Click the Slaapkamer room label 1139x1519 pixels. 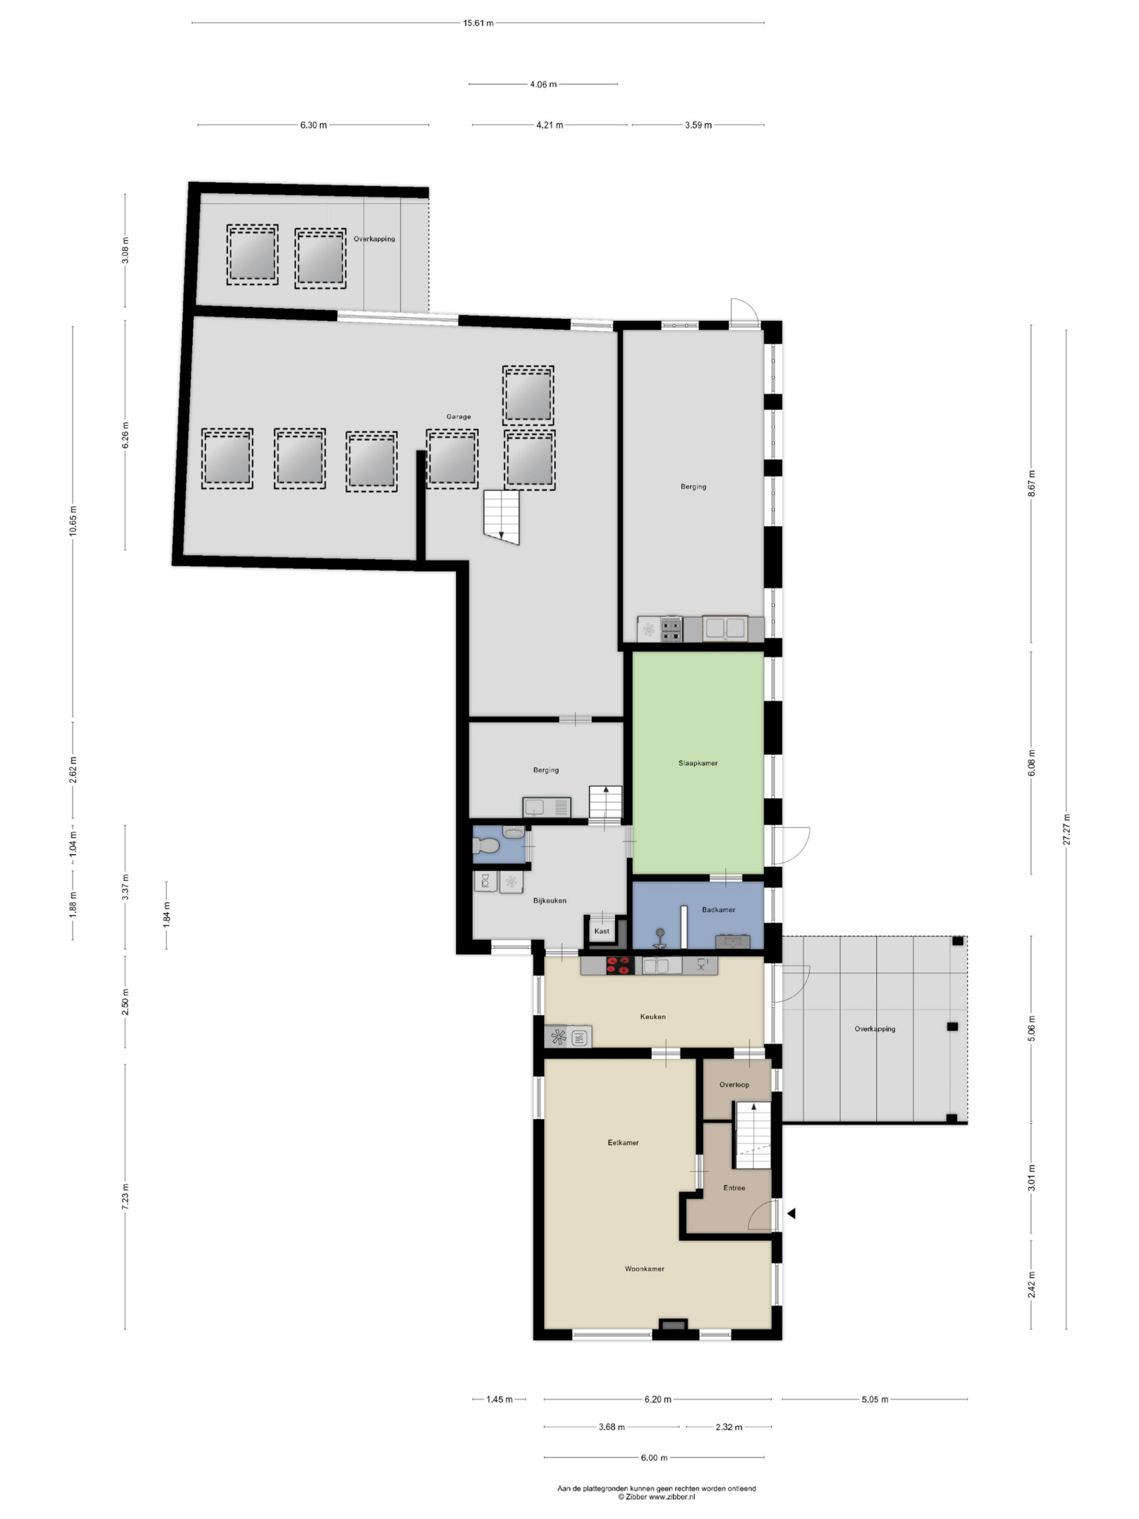(x=698, y=763)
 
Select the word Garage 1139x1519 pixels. (x=458, y=417)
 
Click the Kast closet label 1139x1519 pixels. (x=601, y=931)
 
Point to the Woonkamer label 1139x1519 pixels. (x=644, y=1269)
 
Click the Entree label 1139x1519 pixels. (x=734, y=1188)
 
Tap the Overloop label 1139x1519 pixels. (x=734, y=1084)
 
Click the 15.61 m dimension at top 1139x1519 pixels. (x=478, y=23)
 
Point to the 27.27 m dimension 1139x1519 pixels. (x=1066, y=829)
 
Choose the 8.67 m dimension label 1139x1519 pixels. (x=1031, y=484)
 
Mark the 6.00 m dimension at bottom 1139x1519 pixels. (x=654, y=1457)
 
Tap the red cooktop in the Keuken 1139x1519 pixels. (x=618, y=965)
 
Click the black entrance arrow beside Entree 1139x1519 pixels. (x=791, y=1213)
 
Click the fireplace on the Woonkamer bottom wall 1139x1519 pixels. (x=673, y=1325)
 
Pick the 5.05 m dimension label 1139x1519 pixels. (x=875, y=1399)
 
